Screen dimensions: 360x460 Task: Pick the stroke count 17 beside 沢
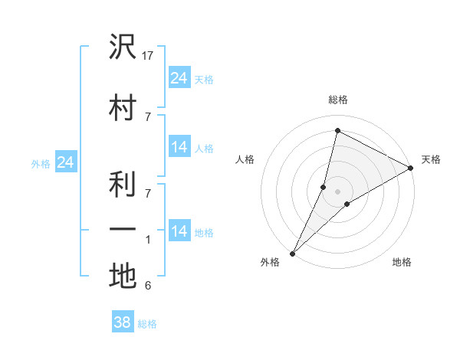(x=149, y=57)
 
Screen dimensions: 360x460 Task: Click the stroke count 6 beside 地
(x=147, y=286)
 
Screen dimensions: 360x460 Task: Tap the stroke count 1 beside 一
(x=148, y=241)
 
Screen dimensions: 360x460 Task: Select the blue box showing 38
(x=122, y=322)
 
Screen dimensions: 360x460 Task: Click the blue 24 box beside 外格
(x=65, y=162)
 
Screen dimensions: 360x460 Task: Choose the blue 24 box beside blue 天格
(x=179, y=77)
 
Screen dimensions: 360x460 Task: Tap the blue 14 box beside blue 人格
(x=179, y=147)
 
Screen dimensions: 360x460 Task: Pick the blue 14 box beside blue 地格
(x=179, y=231)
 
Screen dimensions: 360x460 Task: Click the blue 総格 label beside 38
(x=147, y=324)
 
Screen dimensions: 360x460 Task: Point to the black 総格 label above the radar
(x=337, y=100)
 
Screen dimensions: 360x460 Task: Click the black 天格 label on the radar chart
(x=431, y=159)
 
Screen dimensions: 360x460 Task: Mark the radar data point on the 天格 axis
(x=411, y=169)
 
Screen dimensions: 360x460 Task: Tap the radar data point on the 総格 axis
(x=337, y=130)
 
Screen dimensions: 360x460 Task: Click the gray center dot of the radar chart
(x=337, y=191)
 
